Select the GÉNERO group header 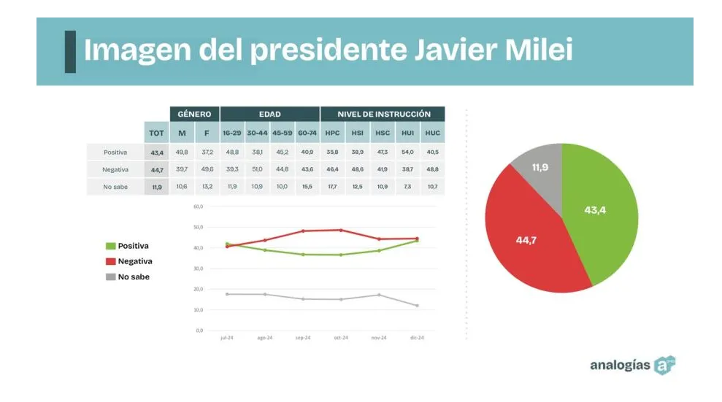click(x=194, y=114)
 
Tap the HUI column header click(x=407, y=133)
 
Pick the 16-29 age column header click(x=232, y=133)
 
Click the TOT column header click(x=156, y=133)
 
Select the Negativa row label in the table click(x=115, y=169)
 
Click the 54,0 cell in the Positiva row click(x=407, y=152)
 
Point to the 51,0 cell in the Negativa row click(x=257, y=169)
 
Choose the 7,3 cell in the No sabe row click(x=407, y=187)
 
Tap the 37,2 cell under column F click(x=207, y=152)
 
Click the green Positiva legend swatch click(x=111, y=246)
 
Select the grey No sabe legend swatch click(x=111, y=277)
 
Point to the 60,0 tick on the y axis click(x=199, y=206)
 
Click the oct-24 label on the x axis click(x=341, y=338)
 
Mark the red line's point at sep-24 click(x=303, y=231)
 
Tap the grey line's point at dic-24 click(x=417, y=306)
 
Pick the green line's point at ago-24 click(x=265, y=250)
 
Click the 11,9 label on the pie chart click(x=539, y=168)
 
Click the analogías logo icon click(x=664, y=365)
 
